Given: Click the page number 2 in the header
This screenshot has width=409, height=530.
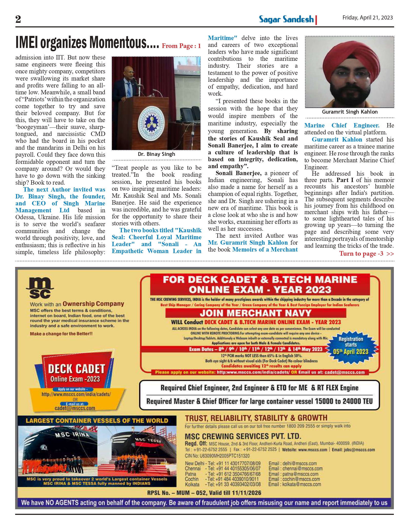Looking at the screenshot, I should [x=18, y=19].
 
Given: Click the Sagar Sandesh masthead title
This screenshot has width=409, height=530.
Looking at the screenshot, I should [x=286, y=19].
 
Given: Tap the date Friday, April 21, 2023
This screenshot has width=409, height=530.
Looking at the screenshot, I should [x=367, y=17].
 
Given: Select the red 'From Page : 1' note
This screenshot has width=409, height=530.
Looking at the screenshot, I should [x=181, y=46].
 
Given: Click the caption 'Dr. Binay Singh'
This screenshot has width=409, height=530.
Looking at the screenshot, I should [x=156, y=154].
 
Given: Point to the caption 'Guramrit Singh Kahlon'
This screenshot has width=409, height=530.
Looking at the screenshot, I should [x=350, y=112].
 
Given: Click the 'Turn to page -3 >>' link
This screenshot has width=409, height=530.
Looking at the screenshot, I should [x=366, y=254].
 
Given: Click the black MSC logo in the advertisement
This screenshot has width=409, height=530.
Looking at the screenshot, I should [x=40, y=288].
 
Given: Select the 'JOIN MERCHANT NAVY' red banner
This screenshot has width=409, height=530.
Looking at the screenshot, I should [x=255, y=313].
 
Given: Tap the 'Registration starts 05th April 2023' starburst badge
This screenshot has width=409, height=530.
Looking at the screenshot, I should [x=351, y=345].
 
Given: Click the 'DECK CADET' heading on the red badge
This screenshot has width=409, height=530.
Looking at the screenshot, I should [x=76, y=369].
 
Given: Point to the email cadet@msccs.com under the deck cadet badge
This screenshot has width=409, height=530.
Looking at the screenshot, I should [x=75, y=408].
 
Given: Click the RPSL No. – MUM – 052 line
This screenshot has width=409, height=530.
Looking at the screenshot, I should [x=204, y=493].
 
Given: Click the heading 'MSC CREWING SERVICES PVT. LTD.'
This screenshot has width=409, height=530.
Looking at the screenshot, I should [x=243, y=436].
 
